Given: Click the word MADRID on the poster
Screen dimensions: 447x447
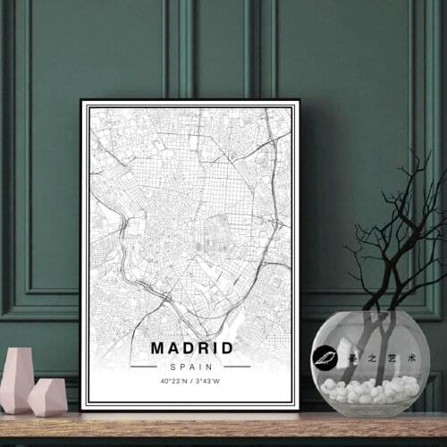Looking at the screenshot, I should tap(191, 348).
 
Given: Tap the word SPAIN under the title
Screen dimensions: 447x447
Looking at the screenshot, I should tap(191, 366).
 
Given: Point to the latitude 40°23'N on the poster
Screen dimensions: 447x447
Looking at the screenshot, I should tap(173, 381).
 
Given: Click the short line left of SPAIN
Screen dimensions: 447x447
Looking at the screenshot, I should tap(144, 367).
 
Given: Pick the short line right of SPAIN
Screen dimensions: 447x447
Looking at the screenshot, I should tap(238, 367).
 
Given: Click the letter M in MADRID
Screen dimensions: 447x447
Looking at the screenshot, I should tap(158, 348).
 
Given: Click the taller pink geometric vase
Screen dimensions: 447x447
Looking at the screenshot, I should tap(17, 379).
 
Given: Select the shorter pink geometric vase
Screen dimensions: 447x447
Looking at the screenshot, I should tap(47, 397).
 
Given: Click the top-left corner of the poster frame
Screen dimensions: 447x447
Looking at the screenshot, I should tap(82, 101).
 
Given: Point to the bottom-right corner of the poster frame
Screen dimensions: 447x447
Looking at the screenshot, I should tap(298, 409).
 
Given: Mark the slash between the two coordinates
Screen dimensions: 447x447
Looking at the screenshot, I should tap(191, 381).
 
